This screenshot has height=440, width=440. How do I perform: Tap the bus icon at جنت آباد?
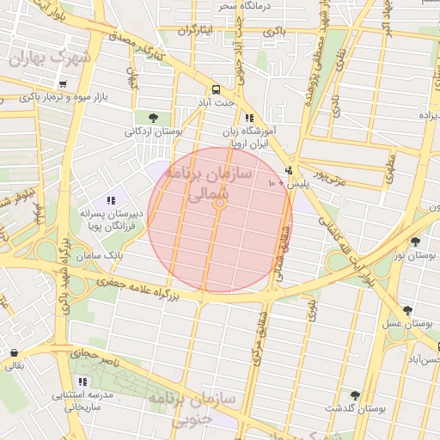click(215, 89)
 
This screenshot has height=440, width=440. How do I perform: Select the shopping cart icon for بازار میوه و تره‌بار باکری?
click(64, 84)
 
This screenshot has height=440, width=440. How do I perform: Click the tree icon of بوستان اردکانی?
click(152, 117)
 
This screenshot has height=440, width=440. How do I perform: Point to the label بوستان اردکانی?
click(154, 131)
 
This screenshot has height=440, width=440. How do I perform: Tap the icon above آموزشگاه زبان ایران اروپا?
click(248, 118)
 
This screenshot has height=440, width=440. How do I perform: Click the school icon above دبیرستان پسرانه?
click(111, 200)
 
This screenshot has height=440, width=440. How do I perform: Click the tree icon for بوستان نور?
click(415, 242)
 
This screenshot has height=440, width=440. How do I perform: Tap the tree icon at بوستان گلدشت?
click(355, 394)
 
